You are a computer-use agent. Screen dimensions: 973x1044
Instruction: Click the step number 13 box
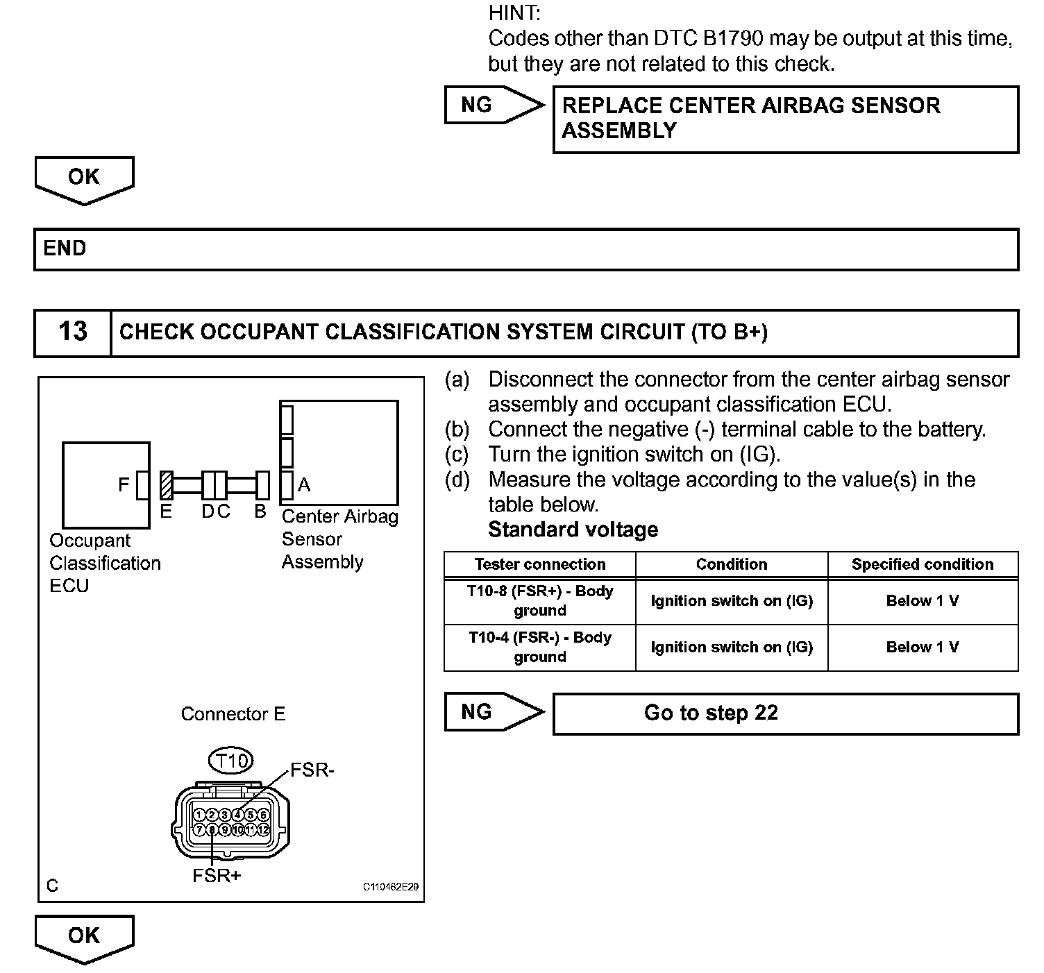(x=73, y=332)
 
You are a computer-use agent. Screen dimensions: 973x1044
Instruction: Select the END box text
(x=65, y=248)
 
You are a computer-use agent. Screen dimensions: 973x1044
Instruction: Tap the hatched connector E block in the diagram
(x=166, y=485)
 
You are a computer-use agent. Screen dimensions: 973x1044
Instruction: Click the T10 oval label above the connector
(x=231, y=761)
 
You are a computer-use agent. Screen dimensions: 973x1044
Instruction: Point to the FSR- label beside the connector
(x=312, y=770)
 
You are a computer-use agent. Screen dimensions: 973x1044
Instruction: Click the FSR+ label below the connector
(x=217, y=875)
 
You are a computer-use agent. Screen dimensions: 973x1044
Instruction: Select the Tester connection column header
(x=539, y=564)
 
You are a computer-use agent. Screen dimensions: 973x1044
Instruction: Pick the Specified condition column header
(x=923, y=564)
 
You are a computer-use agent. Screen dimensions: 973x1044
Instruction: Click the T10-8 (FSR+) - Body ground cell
(x=539, y=601)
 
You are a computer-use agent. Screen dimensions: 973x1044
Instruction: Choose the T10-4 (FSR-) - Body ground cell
(x=539, y=647)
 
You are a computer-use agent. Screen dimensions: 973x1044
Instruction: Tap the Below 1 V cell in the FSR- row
(x=923, y=647)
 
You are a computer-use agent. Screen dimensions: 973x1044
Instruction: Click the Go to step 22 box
(x=711, y=713)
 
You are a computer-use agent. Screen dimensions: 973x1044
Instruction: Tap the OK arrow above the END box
(x=84, y=180)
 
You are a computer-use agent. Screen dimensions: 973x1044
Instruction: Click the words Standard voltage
(x=573, y=530)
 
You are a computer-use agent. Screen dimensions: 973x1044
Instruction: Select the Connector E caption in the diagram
(x=233, y=714)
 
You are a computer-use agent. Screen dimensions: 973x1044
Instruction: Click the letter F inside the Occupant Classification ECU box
(x=124, y=484)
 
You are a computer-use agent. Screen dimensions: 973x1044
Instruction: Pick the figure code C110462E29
(x=390, y=887)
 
